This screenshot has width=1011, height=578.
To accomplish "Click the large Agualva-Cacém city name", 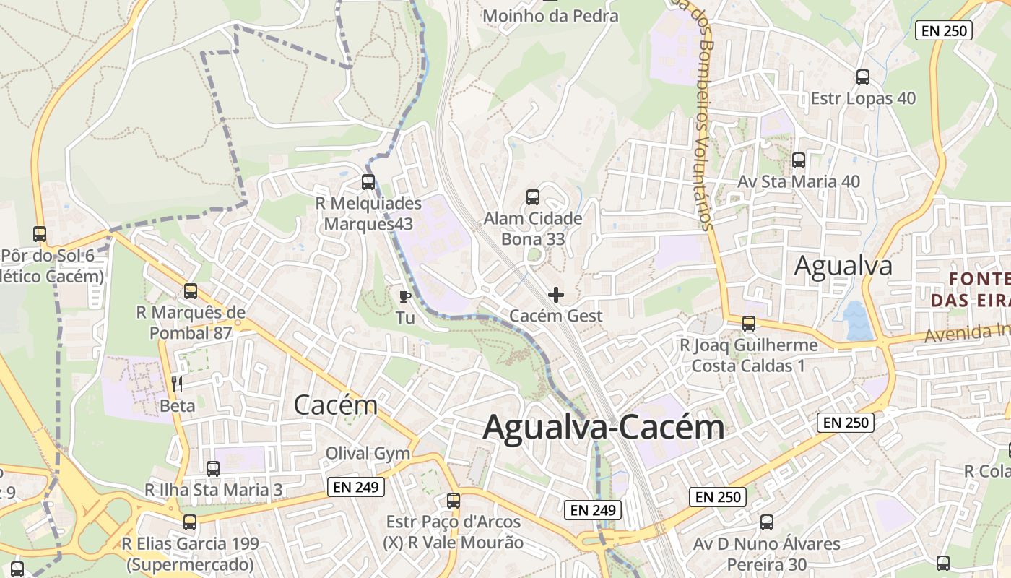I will click(603, 427).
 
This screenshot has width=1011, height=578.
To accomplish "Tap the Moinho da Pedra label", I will click(550, 15).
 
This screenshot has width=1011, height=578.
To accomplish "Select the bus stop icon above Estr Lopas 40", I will click(862, 77).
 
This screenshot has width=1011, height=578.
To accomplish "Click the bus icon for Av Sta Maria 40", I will click(798, 160).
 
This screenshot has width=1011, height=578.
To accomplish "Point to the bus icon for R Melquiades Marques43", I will click(368, 182).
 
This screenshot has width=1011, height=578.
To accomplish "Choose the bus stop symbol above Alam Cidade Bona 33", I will click(533, 197).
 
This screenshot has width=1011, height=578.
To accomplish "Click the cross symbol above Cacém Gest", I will click(556, 295).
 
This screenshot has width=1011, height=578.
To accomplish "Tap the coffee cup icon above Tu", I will click(405, 296).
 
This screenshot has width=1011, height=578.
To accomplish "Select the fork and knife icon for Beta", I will click(177, 384).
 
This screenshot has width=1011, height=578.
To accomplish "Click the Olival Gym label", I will click(368, 454).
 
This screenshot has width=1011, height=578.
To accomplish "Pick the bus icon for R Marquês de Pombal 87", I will click(191, 291).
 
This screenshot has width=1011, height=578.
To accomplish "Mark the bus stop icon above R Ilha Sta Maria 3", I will click(213, 468).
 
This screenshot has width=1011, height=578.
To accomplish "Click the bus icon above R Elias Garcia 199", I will click(189, 522).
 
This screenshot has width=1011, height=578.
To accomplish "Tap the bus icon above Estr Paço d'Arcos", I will click(453, 500).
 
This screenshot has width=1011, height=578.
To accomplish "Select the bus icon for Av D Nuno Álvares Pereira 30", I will click(767, 522).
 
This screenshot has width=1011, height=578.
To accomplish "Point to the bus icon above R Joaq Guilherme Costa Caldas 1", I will click(749, 323).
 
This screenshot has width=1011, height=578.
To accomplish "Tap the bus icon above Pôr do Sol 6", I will click(40, 234).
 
